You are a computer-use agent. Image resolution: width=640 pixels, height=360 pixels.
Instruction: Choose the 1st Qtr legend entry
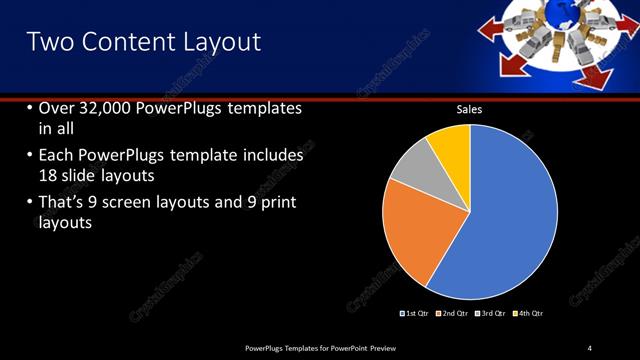tap(415, 314)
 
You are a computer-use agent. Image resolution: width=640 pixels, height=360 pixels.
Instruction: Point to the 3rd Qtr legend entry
tap(492, 314)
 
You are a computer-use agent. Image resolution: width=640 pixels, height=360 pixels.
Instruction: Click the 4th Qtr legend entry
tap(529, 314)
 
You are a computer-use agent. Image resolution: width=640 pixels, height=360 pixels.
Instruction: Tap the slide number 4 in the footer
tap(590, 347)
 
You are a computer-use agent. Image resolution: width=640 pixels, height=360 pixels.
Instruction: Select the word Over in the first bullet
tap(59, 108)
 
